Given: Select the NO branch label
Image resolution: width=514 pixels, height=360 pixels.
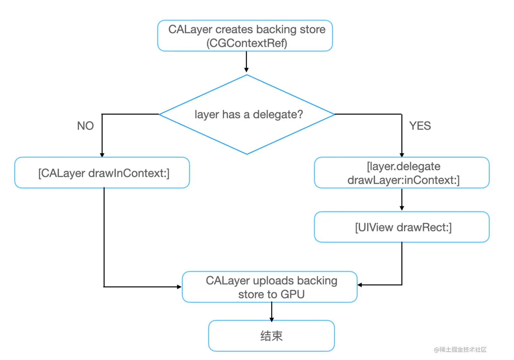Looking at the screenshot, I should [x=85, y=126].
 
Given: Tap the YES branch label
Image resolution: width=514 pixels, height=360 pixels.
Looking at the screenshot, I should [x=420, y=126].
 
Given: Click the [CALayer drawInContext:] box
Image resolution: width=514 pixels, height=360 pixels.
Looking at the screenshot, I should [x=102, y=173].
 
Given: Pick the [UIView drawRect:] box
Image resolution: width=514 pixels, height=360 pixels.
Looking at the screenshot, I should [x=402, y=227].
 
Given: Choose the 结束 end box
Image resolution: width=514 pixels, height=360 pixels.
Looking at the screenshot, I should [x=271, y=336].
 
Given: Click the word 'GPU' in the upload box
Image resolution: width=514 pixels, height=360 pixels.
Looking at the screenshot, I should [x=293, y=294].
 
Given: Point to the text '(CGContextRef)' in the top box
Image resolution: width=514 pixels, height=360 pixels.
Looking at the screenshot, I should [x=246, y=43].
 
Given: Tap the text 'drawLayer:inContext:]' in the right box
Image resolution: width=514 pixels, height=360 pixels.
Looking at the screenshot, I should [x=403, y=180].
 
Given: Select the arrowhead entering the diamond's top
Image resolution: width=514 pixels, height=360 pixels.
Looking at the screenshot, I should [x=246, y=70].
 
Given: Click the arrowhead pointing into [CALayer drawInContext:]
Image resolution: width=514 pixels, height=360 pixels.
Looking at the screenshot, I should [x=102, y=155].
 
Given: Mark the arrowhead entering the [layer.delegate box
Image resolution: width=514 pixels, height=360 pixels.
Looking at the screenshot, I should [x=402, y=155].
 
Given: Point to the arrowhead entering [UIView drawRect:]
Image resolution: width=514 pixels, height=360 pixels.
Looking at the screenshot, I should [x=402, y=209].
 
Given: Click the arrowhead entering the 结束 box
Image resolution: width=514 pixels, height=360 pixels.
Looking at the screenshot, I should [x=271, y=320].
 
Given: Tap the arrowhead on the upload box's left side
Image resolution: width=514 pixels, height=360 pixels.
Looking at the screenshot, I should [x=179, y=287].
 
